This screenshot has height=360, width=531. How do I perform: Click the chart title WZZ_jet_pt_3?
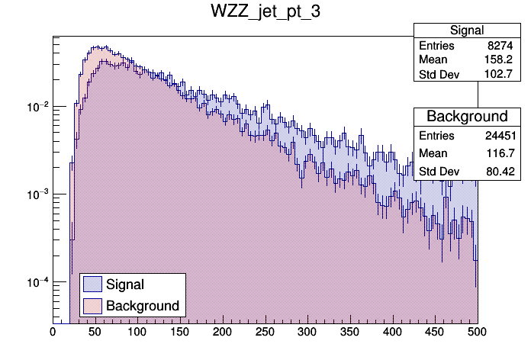[x=265, y=12]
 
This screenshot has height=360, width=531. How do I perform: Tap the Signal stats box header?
[x=466, y=31]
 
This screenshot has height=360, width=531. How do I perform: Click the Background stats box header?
[x=466, y=117]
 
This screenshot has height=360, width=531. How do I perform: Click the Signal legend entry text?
[x=126, y=284]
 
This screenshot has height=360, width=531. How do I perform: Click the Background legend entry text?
[x=143, y=306]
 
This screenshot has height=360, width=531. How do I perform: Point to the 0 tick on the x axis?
[x=53, y=333]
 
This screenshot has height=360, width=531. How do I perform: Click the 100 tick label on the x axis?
[x=137, y=333]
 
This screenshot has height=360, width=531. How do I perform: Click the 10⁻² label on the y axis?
[x=37, y=107]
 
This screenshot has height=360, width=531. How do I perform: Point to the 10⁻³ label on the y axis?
[x=37, y=194]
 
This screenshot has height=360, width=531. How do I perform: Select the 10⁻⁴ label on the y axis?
[x=37, y=282]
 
